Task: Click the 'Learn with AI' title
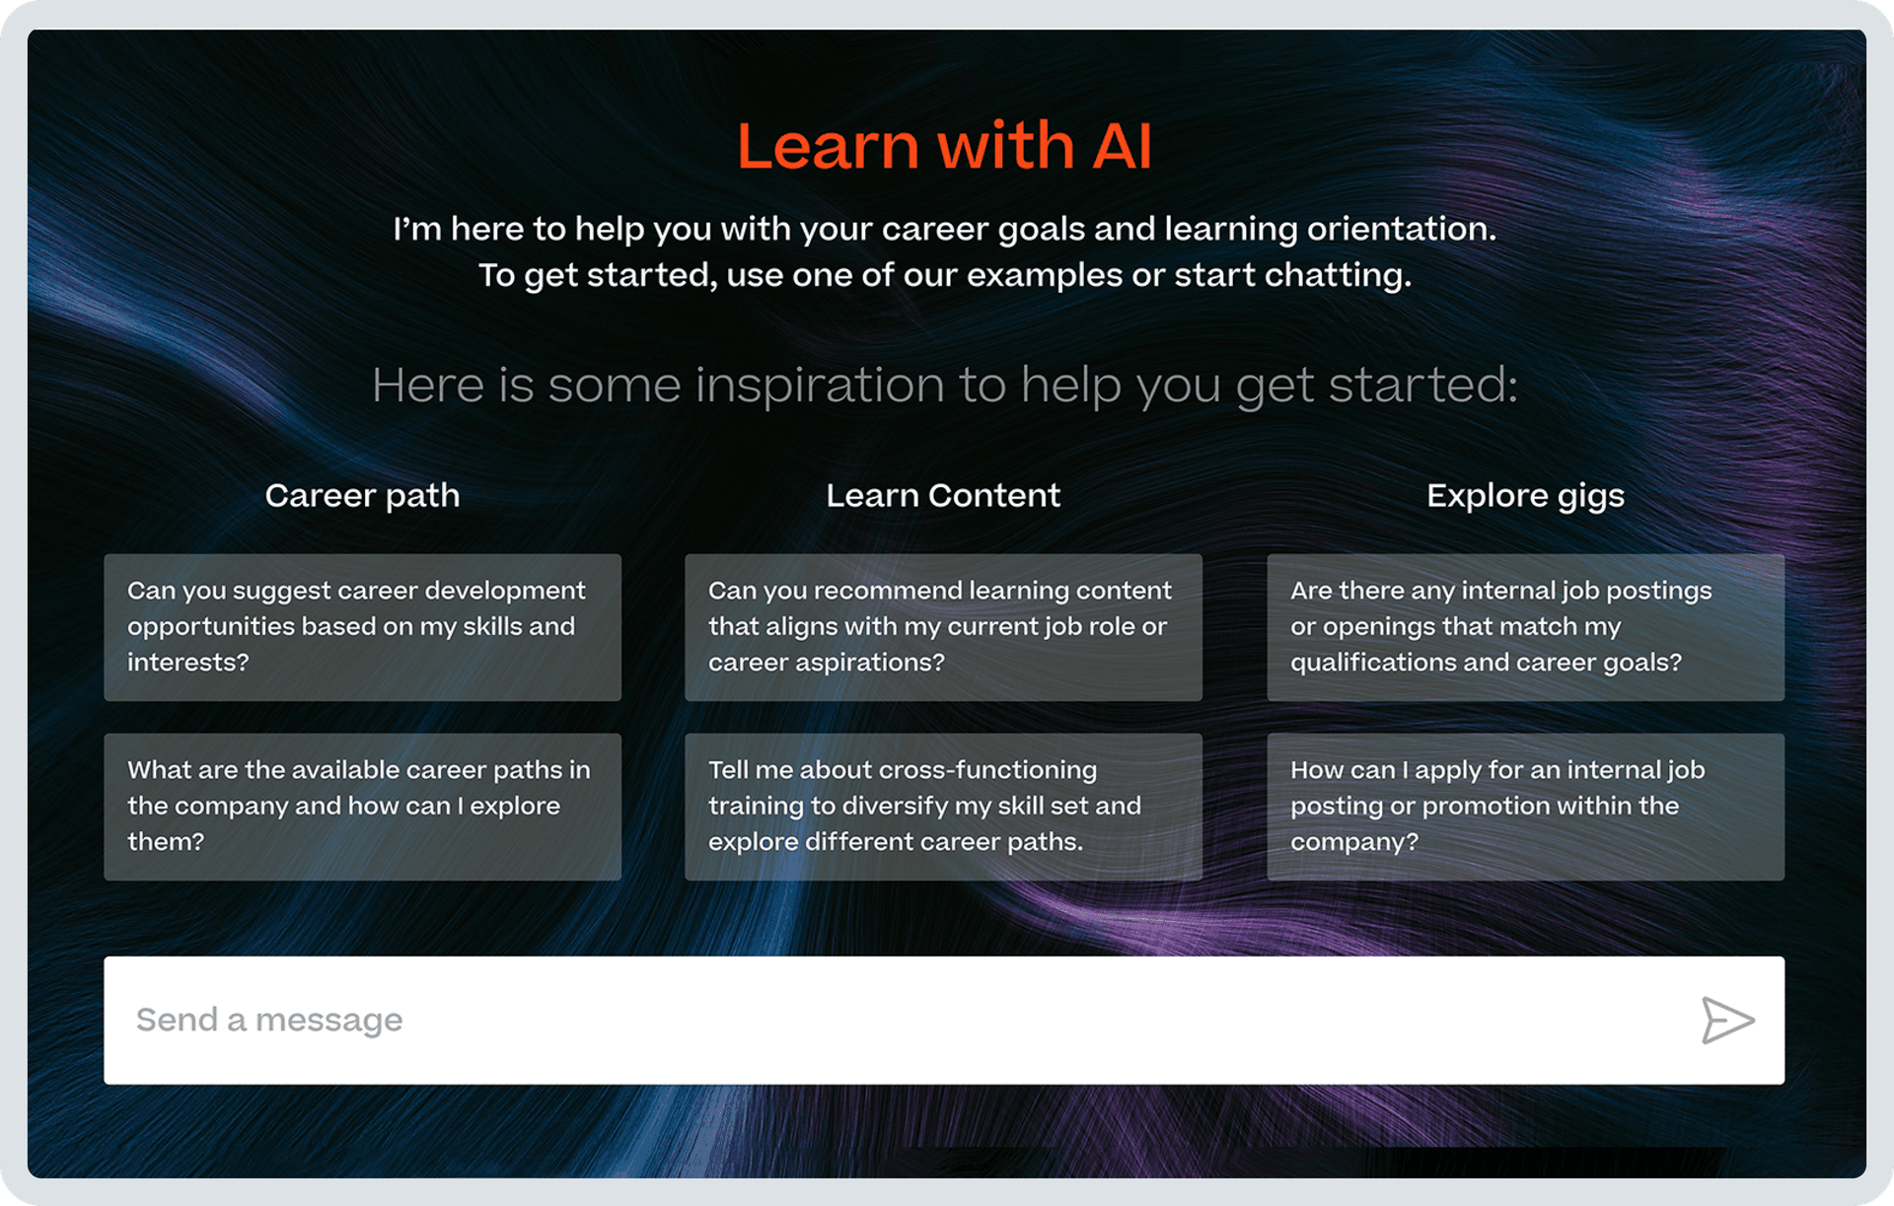[x=944, y=146]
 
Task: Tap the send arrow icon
[x=1727, y=1020]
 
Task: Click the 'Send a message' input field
[x=944, y=1021]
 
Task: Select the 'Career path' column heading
[x=362, y=496]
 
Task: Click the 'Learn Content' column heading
[x=943, y=495]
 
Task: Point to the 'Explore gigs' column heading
[x=1525, y=496]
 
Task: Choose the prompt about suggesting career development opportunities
[x=362, y=627]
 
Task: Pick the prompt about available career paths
[x=362, y=807]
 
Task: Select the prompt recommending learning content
[x=943, y=627]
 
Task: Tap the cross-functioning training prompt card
[x=943, y=807]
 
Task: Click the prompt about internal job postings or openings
[x=1525, y=627]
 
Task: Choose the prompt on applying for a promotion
[x=1525, y=807]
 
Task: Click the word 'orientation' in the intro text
[x=1402, y=229]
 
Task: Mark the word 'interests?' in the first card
[x=188, y=662]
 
